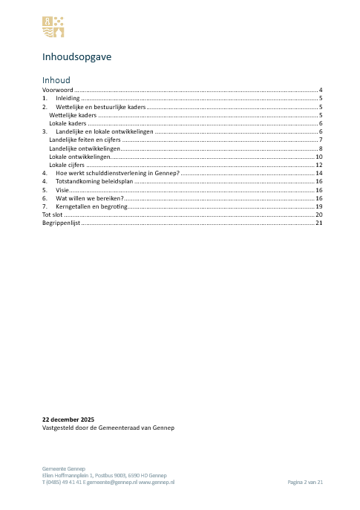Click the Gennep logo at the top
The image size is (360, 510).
pos(52,27)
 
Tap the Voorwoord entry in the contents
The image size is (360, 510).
pos(57,89)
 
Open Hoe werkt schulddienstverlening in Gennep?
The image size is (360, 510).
pos(118,173)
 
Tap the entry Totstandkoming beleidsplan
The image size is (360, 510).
pos(94,181)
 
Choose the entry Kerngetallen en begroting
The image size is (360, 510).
pos(92,206)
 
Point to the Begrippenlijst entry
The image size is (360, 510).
pos(60,223)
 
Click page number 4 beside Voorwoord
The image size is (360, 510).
pos(320,89)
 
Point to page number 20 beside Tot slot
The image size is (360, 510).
pos(318,215)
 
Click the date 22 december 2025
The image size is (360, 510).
pos(68,419)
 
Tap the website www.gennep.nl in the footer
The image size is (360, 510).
pos(157,482)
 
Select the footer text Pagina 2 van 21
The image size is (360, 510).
pos(305,482)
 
